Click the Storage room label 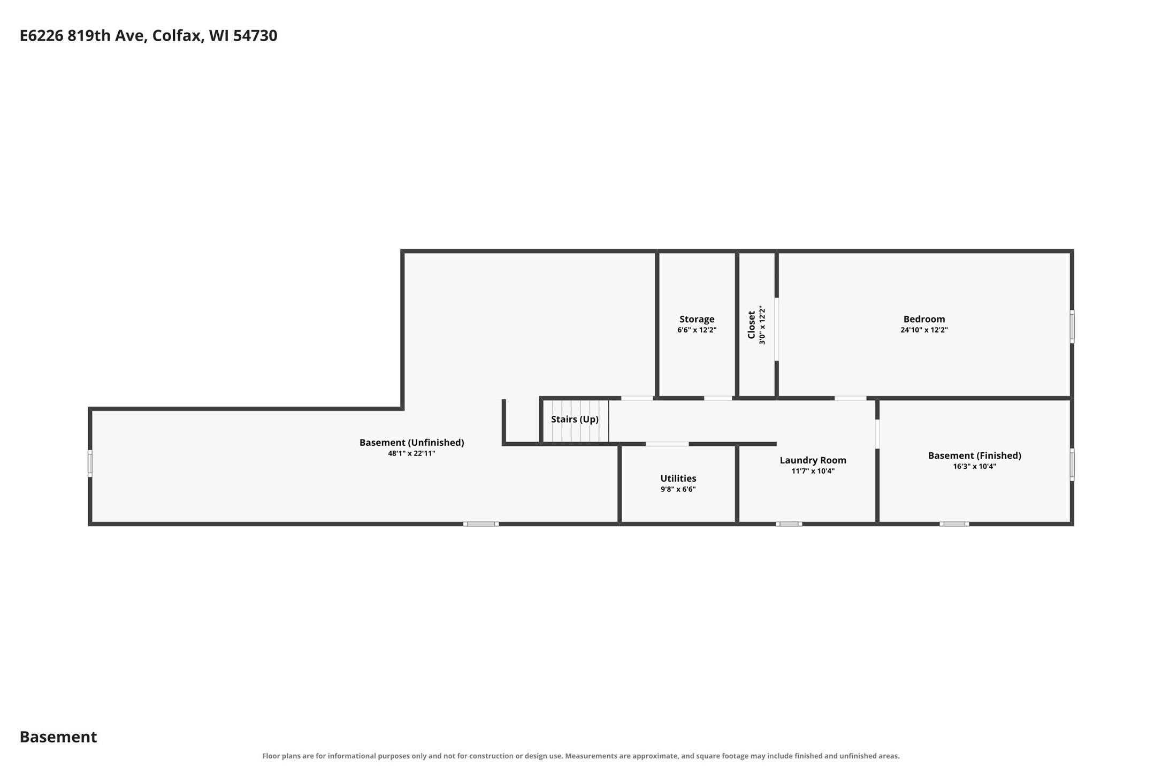click(697, 320)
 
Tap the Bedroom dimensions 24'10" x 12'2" click(924, 330)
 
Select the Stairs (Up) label click(575, 419)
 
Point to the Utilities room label click(678, 478)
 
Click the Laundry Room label click(813, 460)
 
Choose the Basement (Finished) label click(974, 455)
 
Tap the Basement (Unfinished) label click(411, 443)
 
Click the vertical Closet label click(751, 325)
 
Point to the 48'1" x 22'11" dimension click(411, 454)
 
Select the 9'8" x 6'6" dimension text click(678, 490)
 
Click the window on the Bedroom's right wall click(1072, 326)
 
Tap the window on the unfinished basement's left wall click(90, 464)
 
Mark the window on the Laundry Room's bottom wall click(789, 524)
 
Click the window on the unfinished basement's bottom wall click(481, 524)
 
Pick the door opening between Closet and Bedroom click(777, 329)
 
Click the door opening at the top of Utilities click(667, 444)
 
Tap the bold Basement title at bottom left click(58, 737)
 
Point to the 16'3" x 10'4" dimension click(974, 467)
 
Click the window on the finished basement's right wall click(1072, 465)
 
